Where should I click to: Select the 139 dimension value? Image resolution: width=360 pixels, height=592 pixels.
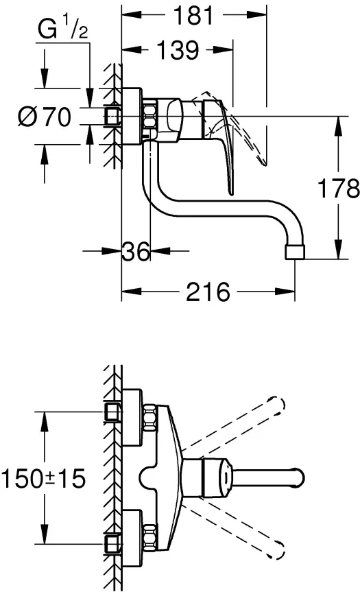tap(178, 49)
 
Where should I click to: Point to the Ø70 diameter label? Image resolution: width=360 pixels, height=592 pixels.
tap(44, 117)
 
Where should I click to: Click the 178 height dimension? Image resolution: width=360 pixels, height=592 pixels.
tap(339, 188)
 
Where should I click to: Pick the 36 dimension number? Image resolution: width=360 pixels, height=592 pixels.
tap(136, 250)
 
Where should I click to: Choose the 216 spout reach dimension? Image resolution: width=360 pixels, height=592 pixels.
tap(208, 291)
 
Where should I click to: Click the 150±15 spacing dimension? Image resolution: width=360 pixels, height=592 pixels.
tap(43, 478)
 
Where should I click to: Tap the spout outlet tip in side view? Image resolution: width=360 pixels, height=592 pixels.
tap(294, 252)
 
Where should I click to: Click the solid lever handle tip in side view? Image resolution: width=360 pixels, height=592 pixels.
tap(231, 192)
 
